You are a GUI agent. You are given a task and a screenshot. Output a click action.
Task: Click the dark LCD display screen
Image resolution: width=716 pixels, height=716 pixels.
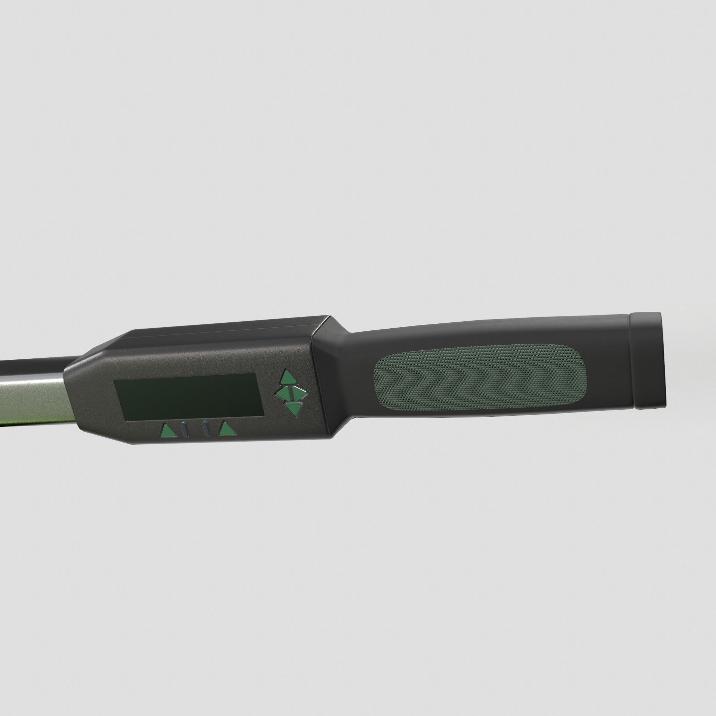189,396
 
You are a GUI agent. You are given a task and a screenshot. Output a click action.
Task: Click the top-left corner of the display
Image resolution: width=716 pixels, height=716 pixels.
115,381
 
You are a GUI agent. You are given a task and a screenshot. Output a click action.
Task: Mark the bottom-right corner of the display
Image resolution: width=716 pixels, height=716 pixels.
264,414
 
